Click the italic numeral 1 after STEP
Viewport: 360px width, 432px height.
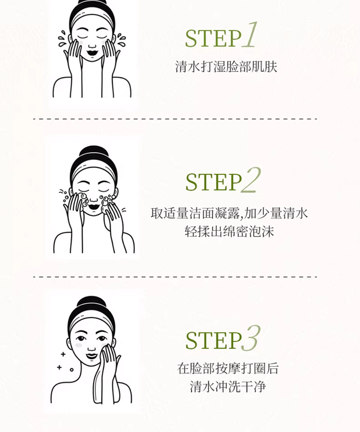pos(250,35)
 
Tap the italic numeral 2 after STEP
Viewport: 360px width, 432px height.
pos(251,180)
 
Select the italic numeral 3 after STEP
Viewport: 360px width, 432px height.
pos(251,338)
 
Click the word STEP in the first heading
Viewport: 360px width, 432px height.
pos(213,38)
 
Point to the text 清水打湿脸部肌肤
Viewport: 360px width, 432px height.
pos(226,67)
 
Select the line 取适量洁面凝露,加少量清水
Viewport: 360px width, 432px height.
pos(229,213)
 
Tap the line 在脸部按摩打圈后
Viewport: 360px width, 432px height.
pos(228,368)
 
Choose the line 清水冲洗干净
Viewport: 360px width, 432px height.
pos(228,386)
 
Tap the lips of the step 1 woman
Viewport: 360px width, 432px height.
pos(92,52)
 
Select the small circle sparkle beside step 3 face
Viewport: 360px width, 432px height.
pos(72,370)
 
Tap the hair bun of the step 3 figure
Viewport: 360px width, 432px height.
pos(91,303)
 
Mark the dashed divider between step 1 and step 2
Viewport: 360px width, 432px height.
pos(175,119)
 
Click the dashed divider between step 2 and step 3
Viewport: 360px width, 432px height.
pos(175,276)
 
